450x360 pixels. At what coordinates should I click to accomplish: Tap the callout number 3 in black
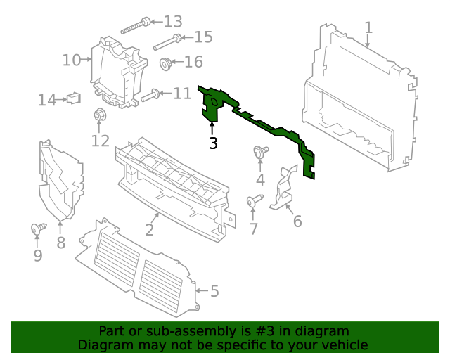213,143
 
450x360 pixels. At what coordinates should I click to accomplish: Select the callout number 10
72,60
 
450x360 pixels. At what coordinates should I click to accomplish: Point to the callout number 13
172,21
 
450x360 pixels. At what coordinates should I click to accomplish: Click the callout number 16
193,63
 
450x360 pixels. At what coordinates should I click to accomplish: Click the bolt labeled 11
151,95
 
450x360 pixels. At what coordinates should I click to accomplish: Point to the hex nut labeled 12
99,115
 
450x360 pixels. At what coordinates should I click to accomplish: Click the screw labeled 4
260,150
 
